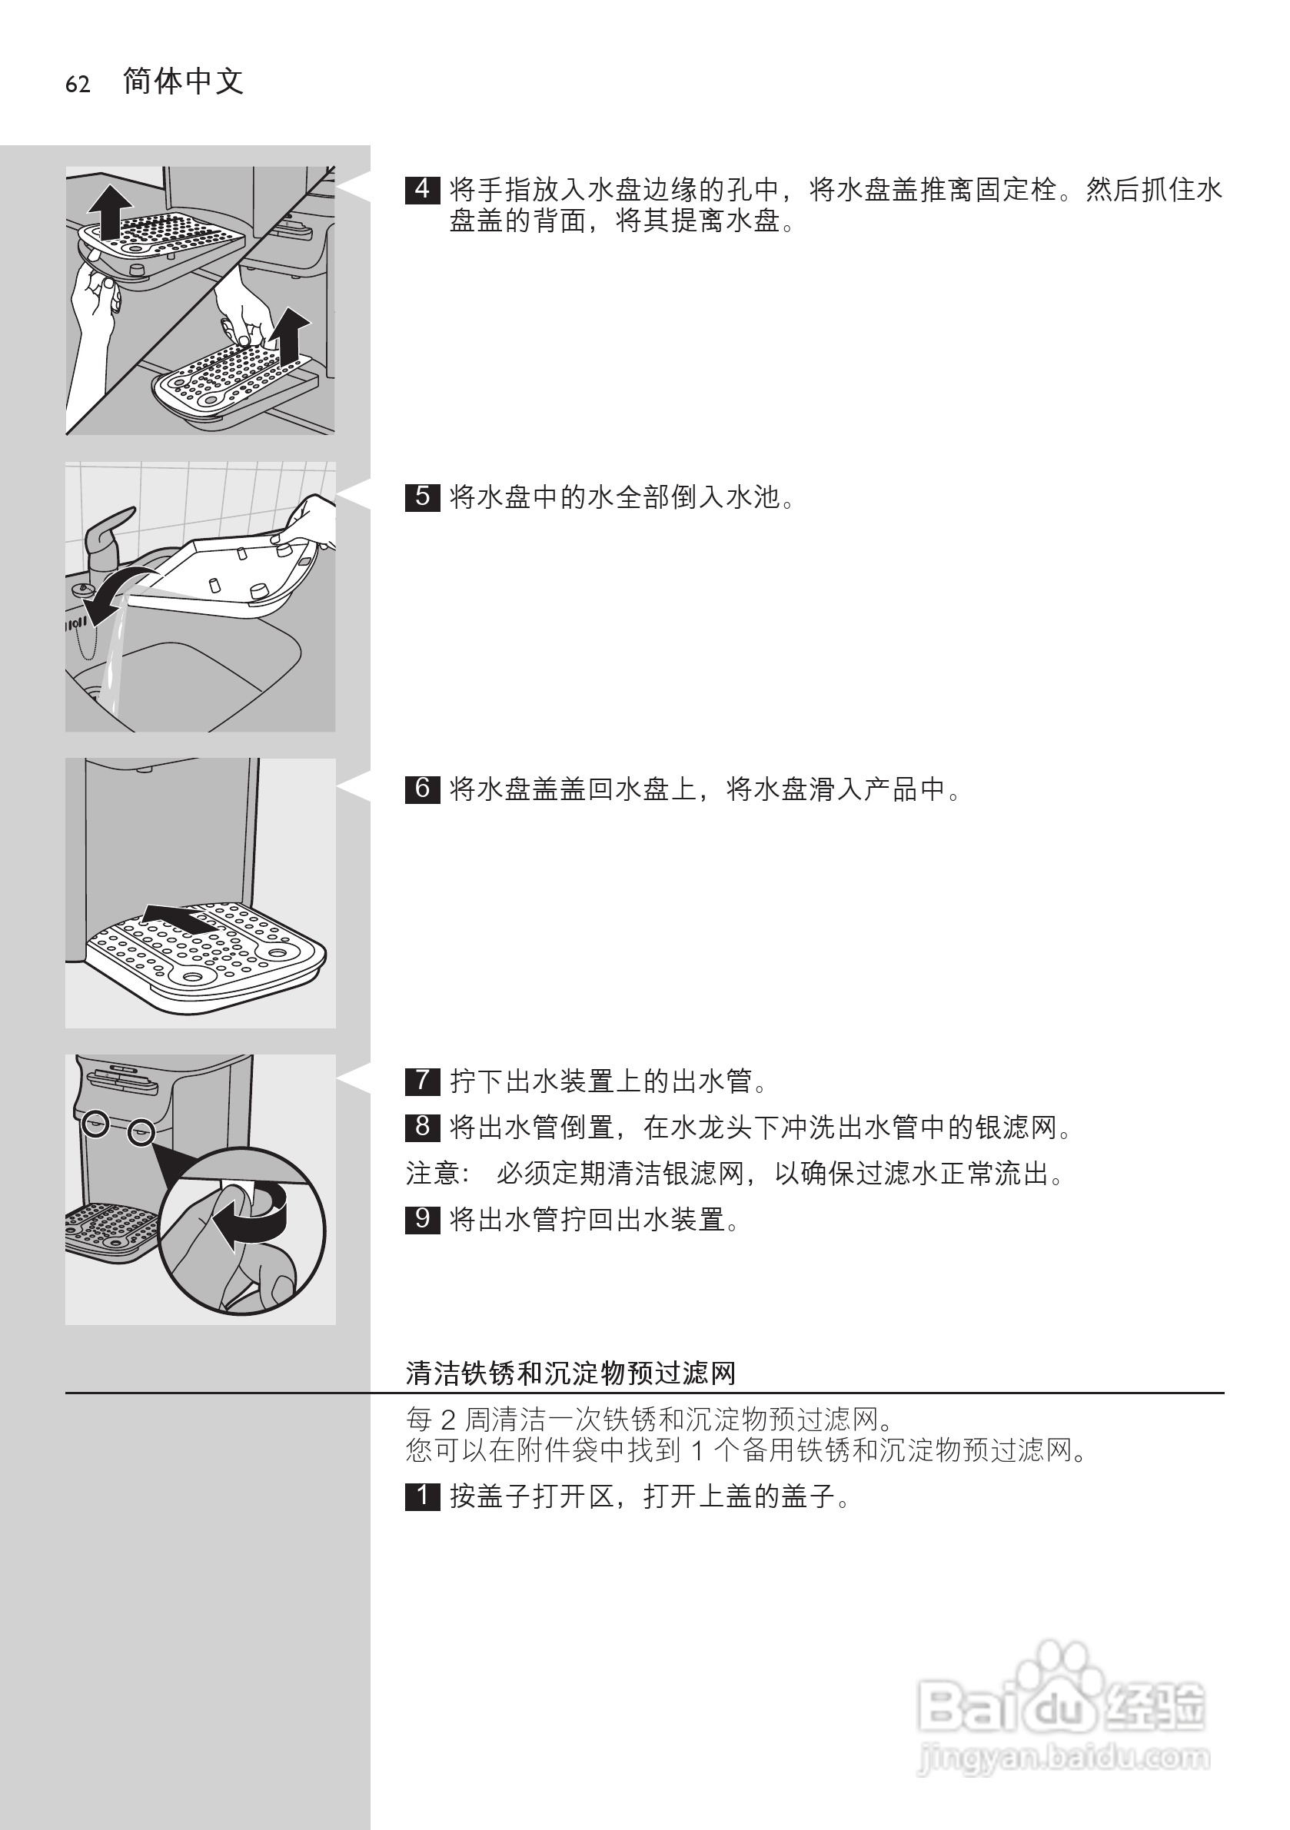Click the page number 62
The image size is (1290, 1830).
(x=78, y=85)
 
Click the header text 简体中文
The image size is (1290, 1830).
(x=184, y=81)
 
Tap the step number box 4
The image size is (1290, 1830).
(x=422, y=190)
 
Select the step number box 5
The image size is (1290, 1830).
(x=422, y=497)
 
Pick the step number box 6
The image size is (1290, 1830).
(x=422, y=789)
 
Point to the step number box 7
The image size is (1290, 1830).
(x=422, y=1081)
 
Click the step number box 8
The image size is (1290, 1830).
(x=422, y=1127)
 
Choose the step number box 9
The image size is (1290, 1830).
(x=422, y=1220)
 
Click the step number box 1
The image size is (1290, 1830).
(x=422, y=1496)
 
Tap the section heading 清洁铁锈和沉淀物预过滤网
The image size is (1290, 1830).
(x=570, y=1373)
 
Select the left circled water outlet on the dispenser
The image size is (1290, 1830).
(x=95, y=1124)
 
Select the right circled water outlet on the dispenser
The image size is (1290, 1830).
(x=141, y=1131)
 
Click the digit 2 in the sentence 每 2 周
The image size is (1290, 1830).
(x=447, y=1420)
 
